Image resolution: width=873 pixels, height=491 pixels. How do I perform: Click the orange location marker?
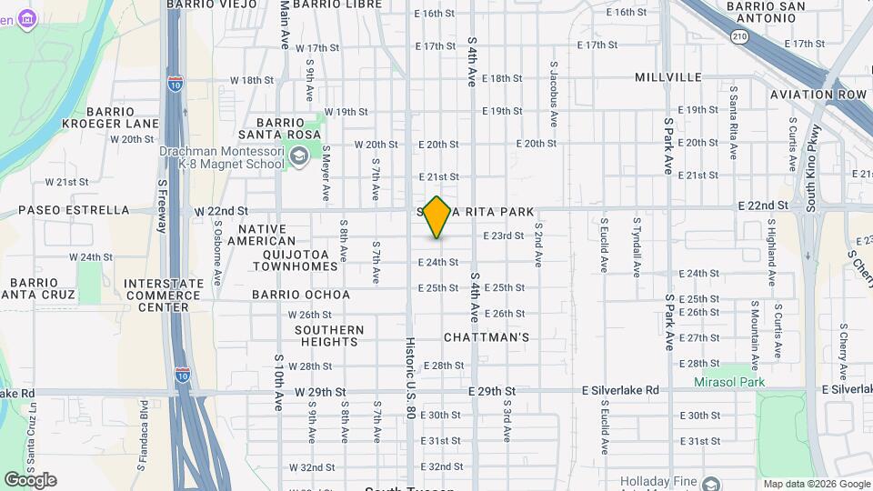coord(436,217)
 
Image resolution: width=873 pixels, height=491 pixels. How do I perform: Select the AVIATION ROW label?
coord(818,95)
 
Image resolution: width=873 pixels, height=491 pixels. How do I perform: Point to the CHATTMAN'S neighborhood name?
coord(487,337)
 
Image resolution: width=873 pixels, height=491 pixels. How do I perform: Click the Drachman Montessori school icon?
coord(298,157)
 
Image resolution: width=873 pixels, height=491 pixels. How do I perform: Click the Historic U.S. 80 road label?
coord(410,378)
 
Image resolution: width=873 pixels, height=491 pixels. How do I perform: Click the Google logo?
coord(30,479)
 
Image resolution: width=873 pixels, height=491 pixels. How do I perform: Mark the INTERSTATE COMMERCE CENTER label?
coord(164,296)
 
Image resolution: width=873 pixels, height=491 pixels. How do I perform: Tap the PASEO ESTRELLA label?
coord(75,210)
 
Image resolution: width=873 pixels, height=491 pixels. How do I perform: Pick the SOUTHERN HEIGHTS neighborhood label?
coord(328,336)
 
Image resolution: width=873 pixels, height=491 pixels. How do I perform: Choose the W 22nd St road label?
coord(221,210)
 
